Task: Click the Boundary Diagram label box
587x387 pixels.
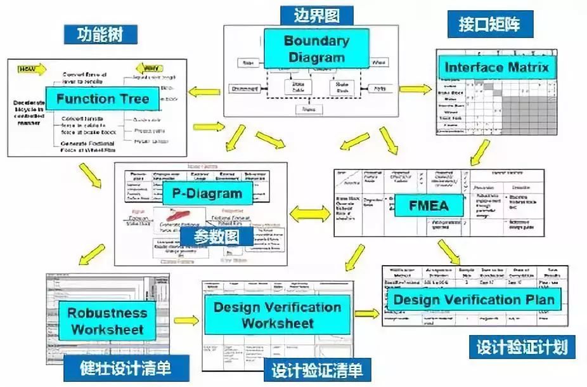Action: point(316,49)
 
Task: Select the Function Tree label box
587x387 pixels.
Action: point(102,98)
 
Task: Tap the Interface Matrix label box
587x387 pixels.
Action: point(496,67)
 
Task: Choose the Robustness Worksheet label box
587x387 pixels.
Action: point(107,321)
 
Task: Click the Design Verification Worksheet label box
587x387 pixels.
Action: point(276,315)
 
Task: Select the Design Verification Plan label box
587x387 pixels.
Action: point(474,299)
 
